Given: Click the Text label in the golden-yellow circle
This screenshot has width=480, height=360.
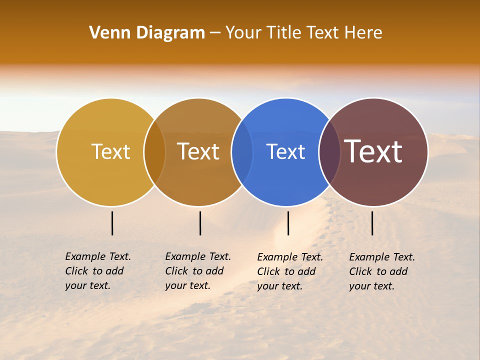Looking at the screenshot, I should [x=110, y=151].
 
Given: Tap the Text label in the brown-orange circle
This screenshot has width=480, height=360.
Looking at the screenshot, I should [x=198, y=151].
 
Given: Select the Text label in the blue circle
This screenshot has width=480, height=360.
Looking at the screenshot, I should [x=285, y=151].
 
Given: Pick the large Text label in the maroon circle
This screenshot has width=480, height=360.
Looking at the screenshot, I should [x=373, y=151].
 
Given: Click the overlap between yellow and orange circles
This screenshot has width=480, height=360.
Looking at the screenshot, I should [x=154, y=152].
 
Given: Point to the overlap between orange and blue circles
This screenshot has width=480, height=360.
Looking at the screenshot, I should [x=242, y=152].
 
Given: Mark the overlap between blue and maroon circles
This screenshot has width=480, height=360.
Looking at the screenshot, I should [x=329, y=152].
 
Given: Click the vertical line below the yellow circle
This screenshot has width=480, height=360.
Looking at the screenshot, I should [x=112, y=223].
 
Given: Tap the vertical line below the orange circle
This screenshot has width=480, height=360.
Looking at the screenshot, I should [x=200, y=223].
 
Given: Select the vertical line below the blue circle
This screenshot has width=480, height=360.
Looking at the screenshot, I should [x=288, y=223].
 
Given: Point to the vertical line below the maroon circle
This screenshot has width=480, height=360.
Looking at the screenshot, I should [x=372, y=223].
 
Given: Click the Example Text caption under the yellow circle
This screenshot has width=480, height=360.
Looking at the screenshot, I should [x=97, y=271].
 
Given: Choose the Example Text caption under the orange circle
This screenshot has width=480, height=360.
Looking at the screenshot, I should [x=197, y=271].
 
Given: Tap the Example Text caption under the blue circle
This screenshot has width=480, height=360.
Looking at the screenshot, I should [x=289, y=271].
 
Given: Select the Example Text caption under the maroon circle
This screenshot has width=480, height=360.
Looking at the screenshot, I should [x=381, y=271].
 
